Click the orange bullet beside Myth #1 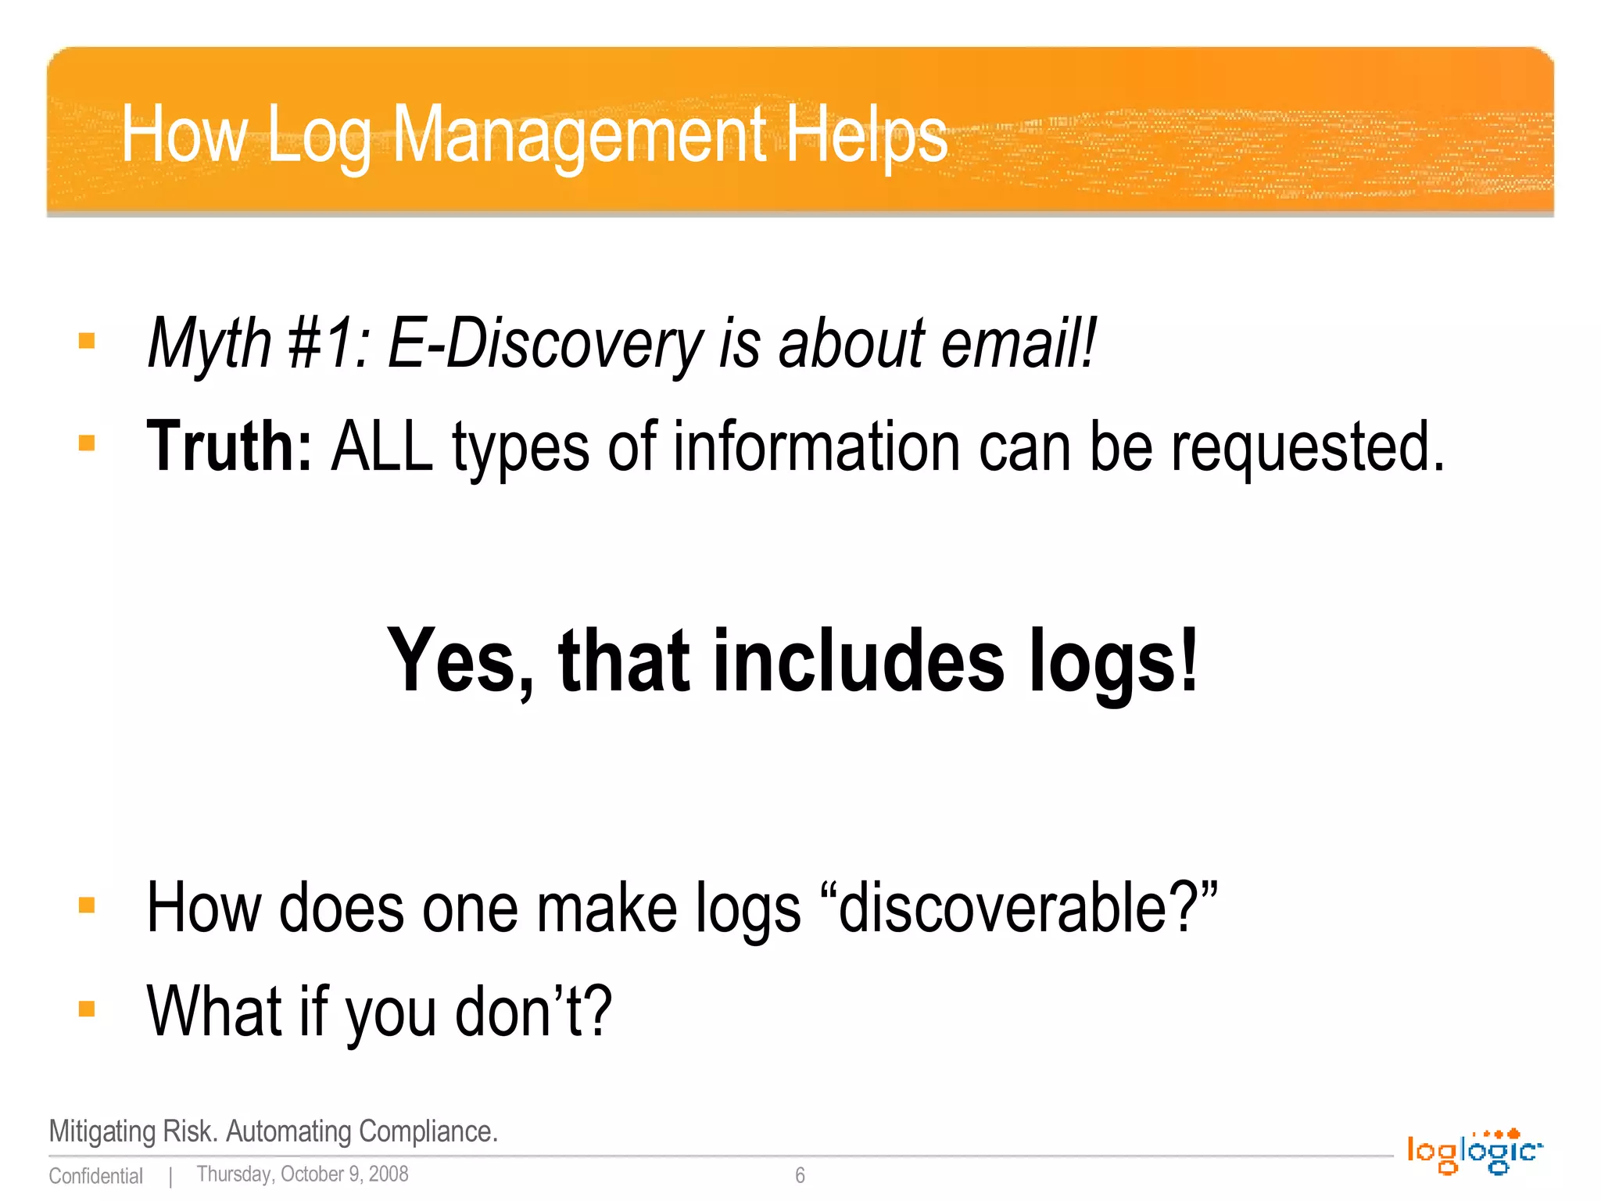pos(87,341)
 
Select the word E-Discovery pos(546,344)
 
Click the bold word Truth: pos(229,446)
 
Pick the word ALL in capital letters pos(381,446)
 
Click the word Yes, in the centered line pos(461,661)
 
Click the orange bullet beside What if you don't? pos(87,1009)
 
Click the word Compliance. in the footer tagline pos(428,1131)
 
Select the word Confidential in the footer pos(95,1176)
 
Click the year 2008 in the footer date pos(389,1174)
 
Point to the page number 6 pos(800,1175)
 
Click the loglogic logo pos(1474,1152)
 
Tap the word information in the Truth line pos(816,446)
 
